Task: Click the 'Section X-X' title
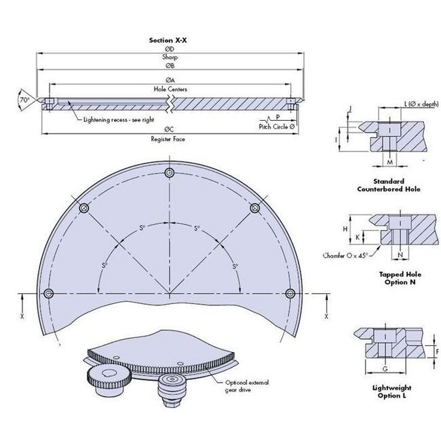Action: [168, 41]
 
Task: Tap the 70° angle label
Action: [25, 99]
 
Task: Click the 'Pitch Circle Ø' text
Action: [277, 126]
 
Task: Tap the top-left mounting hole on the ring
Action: [84, 208]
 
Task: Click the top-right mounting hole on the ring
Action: [255, 208]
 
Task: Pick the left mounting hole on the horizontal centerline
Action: [48, 293]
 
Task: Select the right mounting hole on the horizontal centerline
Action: [290, 293]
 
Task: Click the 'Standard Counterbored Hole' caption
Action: [389, 185]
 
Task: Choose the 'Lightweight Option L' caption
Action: [389, 391]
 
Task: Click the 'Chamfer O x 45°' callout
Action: [347, 256]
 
